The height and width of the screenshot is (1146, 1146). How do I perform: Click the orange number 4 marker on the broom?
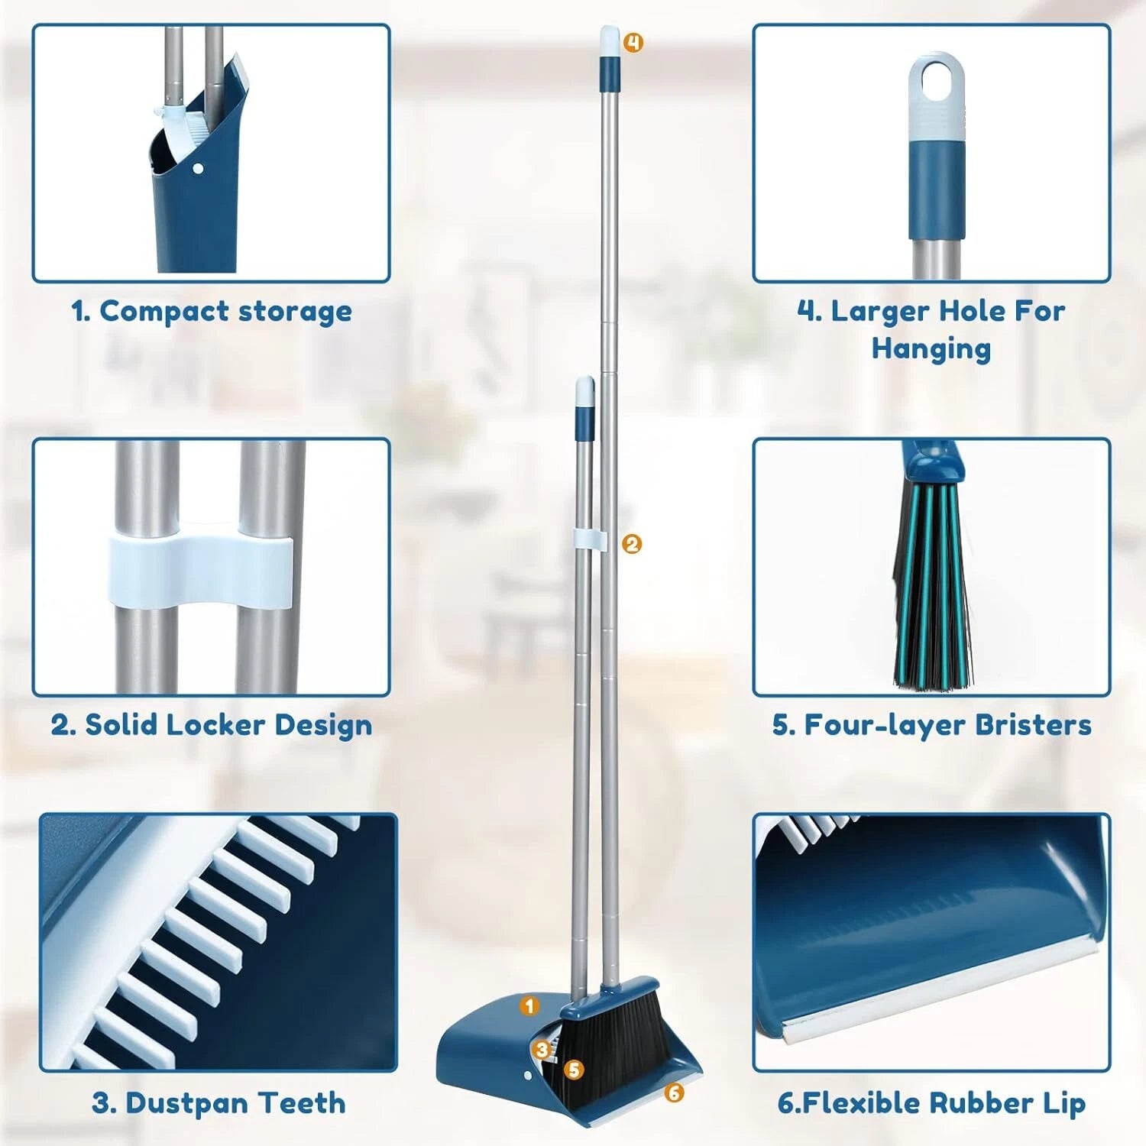tap(633, 43)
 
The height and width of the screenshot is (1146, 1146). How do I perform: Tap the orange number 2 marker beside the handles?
tap(632, 544)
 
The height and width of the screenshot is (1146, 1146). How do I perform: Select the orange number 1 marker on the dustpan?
tap(529, 1005)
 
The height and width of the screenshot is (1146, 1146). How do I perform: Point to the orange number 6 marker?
tap(673, 1093)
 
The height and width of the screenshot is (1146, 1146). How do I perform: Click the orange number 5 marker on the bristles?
tap(575, 1070)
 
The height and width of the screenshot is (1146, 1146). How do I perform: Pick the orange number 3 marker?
tap(542, 1050)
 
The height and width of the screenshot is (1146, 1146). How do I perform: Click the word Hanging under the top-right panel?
tap(931, 348)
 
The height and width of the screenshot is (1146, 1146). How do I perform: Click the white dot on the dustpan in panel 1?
tap(199, 168)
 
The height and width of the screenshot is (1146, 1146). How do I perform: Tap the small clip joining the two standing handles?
tap(590, 538)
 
